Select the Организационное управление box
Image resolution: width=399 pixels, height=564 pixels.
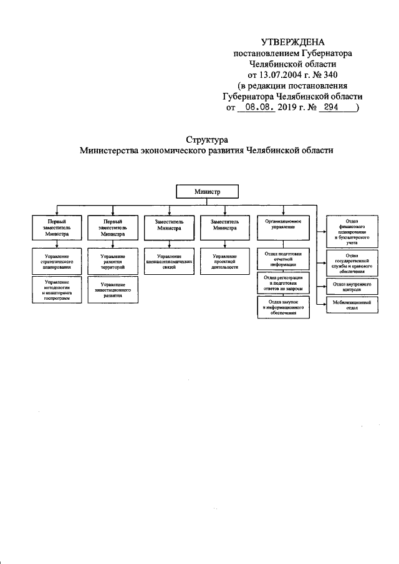click(284, 225)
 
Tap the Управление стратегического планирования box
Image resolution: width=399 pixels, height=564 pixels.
click(57, 259)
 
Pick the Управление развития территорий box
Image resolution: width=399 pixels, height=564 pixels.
click(112, 259)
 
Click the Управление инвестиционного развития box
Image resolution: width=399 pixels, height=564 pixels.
click(112, 292)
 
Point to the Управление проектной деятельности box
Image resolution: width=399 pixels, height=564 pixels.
click(224, 259)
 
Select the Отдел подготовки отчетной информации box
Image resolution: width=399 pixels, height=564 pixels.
click(284, 259)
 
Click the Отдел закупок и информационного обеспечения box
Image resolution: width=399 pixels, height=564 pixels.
click(284, 307)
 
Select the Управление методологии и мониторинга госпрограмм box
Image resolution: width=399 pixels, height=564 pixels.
click(57, 290)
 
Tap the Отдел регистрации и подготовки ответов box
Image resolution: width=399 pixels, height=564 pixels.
click(284, 283)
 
